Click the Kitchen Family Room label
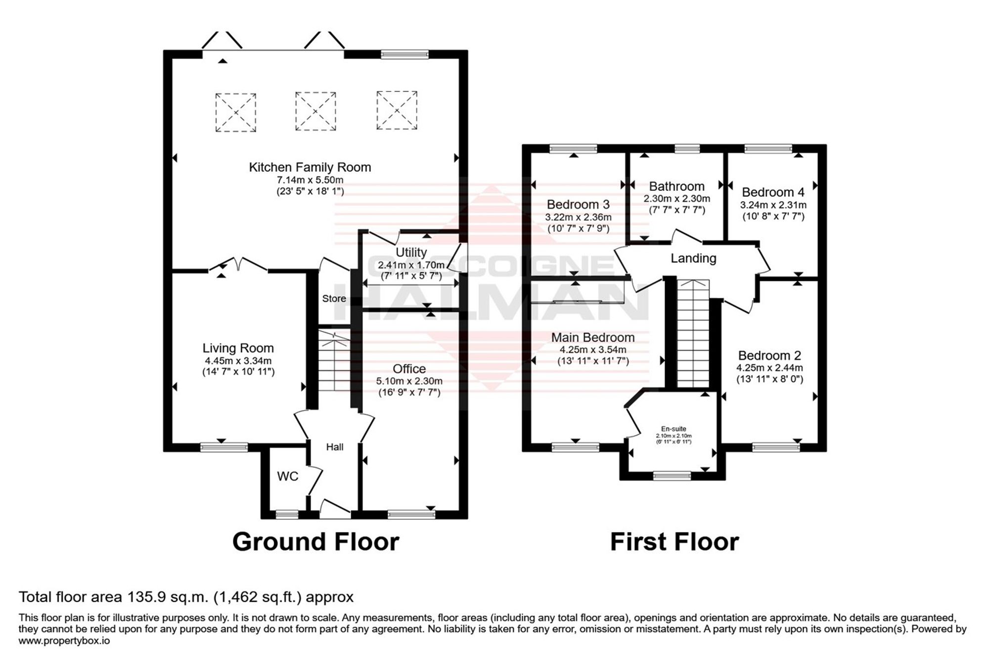click(x=310, y=167)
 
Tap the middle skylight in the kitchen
click(x=316, y=111)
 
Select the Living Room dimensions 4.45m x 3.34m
click(x=238, y=361)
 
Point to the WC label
click(x=288, y=476)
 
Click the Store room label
click(x=334, y=299)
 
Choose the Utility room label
click(x=411, y=253)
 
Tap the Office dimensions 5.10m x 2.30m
click(x=409, y=381)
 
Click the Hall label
click(x=335, y=447)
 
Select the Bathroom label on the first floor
click(x=677, y=186)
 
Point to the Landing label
click(x=694, y=258)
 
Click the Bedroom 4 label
click(x=773, y=192)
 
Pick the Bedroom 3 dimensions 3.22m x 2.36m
click(x=579, y=217)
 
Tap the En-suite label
click(x=674, y=429)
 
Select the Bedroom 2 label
click(x=770, y=355)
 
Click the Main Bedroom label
click(x=593, y=337)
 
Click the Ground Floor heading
click(x=316, y=541)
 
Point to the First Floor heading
click(x=675, y=541)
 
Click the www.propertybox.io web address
click(x=64, y=641)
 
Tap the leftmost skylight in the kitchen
click(x=236, y=112)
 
